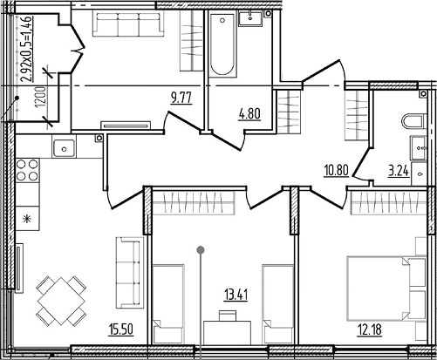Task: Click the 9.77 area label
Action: [181, 98]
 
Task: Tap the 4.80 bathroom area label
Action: [249, 113]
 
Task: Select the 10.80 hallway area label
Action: [337, 170]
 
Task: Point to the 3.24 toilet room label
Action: [399, 171]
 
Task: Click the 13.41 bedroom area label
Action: [236, 295]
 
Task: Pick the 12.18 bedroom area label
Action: [370, 330]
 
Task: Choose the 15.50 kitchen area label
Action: [121, 329]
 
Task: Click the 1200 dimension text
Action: [42, 98]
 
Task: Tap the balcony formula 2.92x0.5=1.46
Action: [27, 49]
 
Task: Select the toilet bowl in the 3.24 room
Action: [414, 121]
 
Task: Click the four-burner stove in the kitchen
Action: [27, 170]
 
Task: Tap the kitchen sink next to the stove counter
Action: [64, 148]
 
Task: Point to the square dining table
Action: [61, 301]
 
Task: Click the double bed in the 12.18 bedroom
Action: [386, 289]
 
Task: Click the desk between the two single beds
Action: [227, 333]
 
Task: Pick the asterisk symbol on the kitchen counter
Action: [27, 219]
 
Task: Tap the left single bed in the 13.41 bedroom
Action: [168, 304]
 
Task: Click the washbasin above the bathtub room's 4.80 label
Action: [250, 18]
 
